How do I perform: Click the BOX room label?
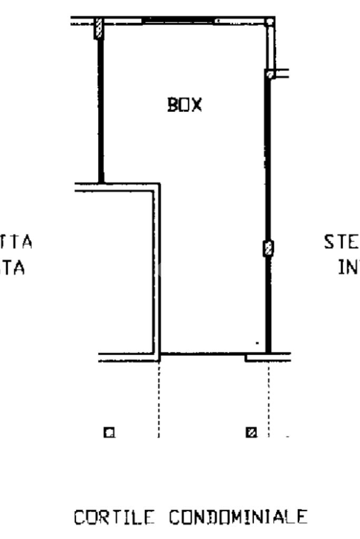pyautogui.click(x=184, y=105)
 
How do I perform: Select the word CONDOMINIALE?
pyautogui.click(x=238, y=517)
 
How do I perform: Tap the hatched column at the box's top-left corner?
pyautogui.click(x=99, y=28)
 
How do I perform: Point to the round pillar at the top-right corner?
pyautogui.click(x=270, y=23)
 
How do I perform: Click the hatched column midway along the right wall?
pyautogui.click(x=268, y=248)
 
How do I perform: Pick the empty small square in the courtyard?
pyautogui.click(x=109, y=433)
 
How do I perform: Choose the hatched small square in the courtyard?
pyautogui.click(x=251, y=433)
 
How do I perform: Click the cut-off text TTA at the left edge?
pyautogui.click(x=19, y=242)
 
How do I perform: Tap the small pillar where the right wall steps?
pyautogui.click(x=269, y=74)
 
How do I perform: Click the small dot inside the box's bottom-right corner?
pyautogui.click(x=257, y=343)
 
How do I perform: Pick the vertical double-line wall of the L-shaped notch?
pyautogui.click(x=156, y=269)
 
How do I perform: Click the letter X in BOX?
pyautogui.click(x=196, y=105)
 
